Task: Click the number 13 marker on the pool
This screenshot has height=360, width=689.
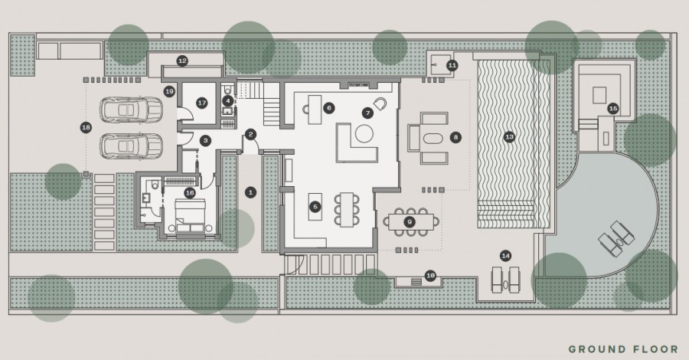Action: (509, 137)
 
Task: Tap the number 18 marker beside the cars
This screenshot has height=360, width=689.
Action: (86, 128)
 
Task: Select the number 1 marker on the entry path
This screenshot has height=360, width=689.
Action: (251, 192)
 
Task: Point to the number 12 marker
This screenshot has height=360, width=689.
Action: (182, 61)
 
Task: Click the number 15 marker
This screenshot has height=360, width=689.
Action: (613, 109)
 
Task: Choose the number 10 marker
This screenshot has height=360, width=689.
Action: (430, 276)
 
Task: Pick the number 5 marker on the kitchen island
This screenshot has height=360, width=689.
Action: (315, 207)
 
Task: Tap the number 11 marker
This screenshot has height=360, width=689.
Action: (452, 66)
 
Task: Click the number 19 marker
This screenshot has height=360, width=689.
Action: (169, 92)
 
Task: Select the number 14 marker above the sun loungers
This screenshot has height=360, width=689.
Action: (506, 256)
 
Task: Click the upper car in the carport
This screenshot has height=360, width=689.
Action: (131, 110)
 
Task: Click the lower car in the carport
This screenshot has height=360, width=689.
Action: (131, 146)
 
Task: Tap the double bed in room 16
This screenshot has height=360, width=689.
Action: (191, 215)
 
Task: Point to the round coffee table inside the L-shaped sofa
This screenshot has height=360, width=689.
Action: (364, 133)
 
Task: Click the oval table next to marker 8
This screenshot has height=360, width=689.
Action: (434, 138)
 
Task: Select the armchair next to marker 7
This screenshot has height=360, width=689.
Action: (380, 103)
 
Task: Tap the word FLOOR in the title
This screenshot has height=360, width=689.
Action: (656, 349)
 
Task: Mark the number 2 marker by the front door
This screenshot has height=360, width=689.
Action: (251, 135)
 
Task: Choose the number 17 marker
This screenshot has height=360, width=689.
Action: (201, 103)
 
